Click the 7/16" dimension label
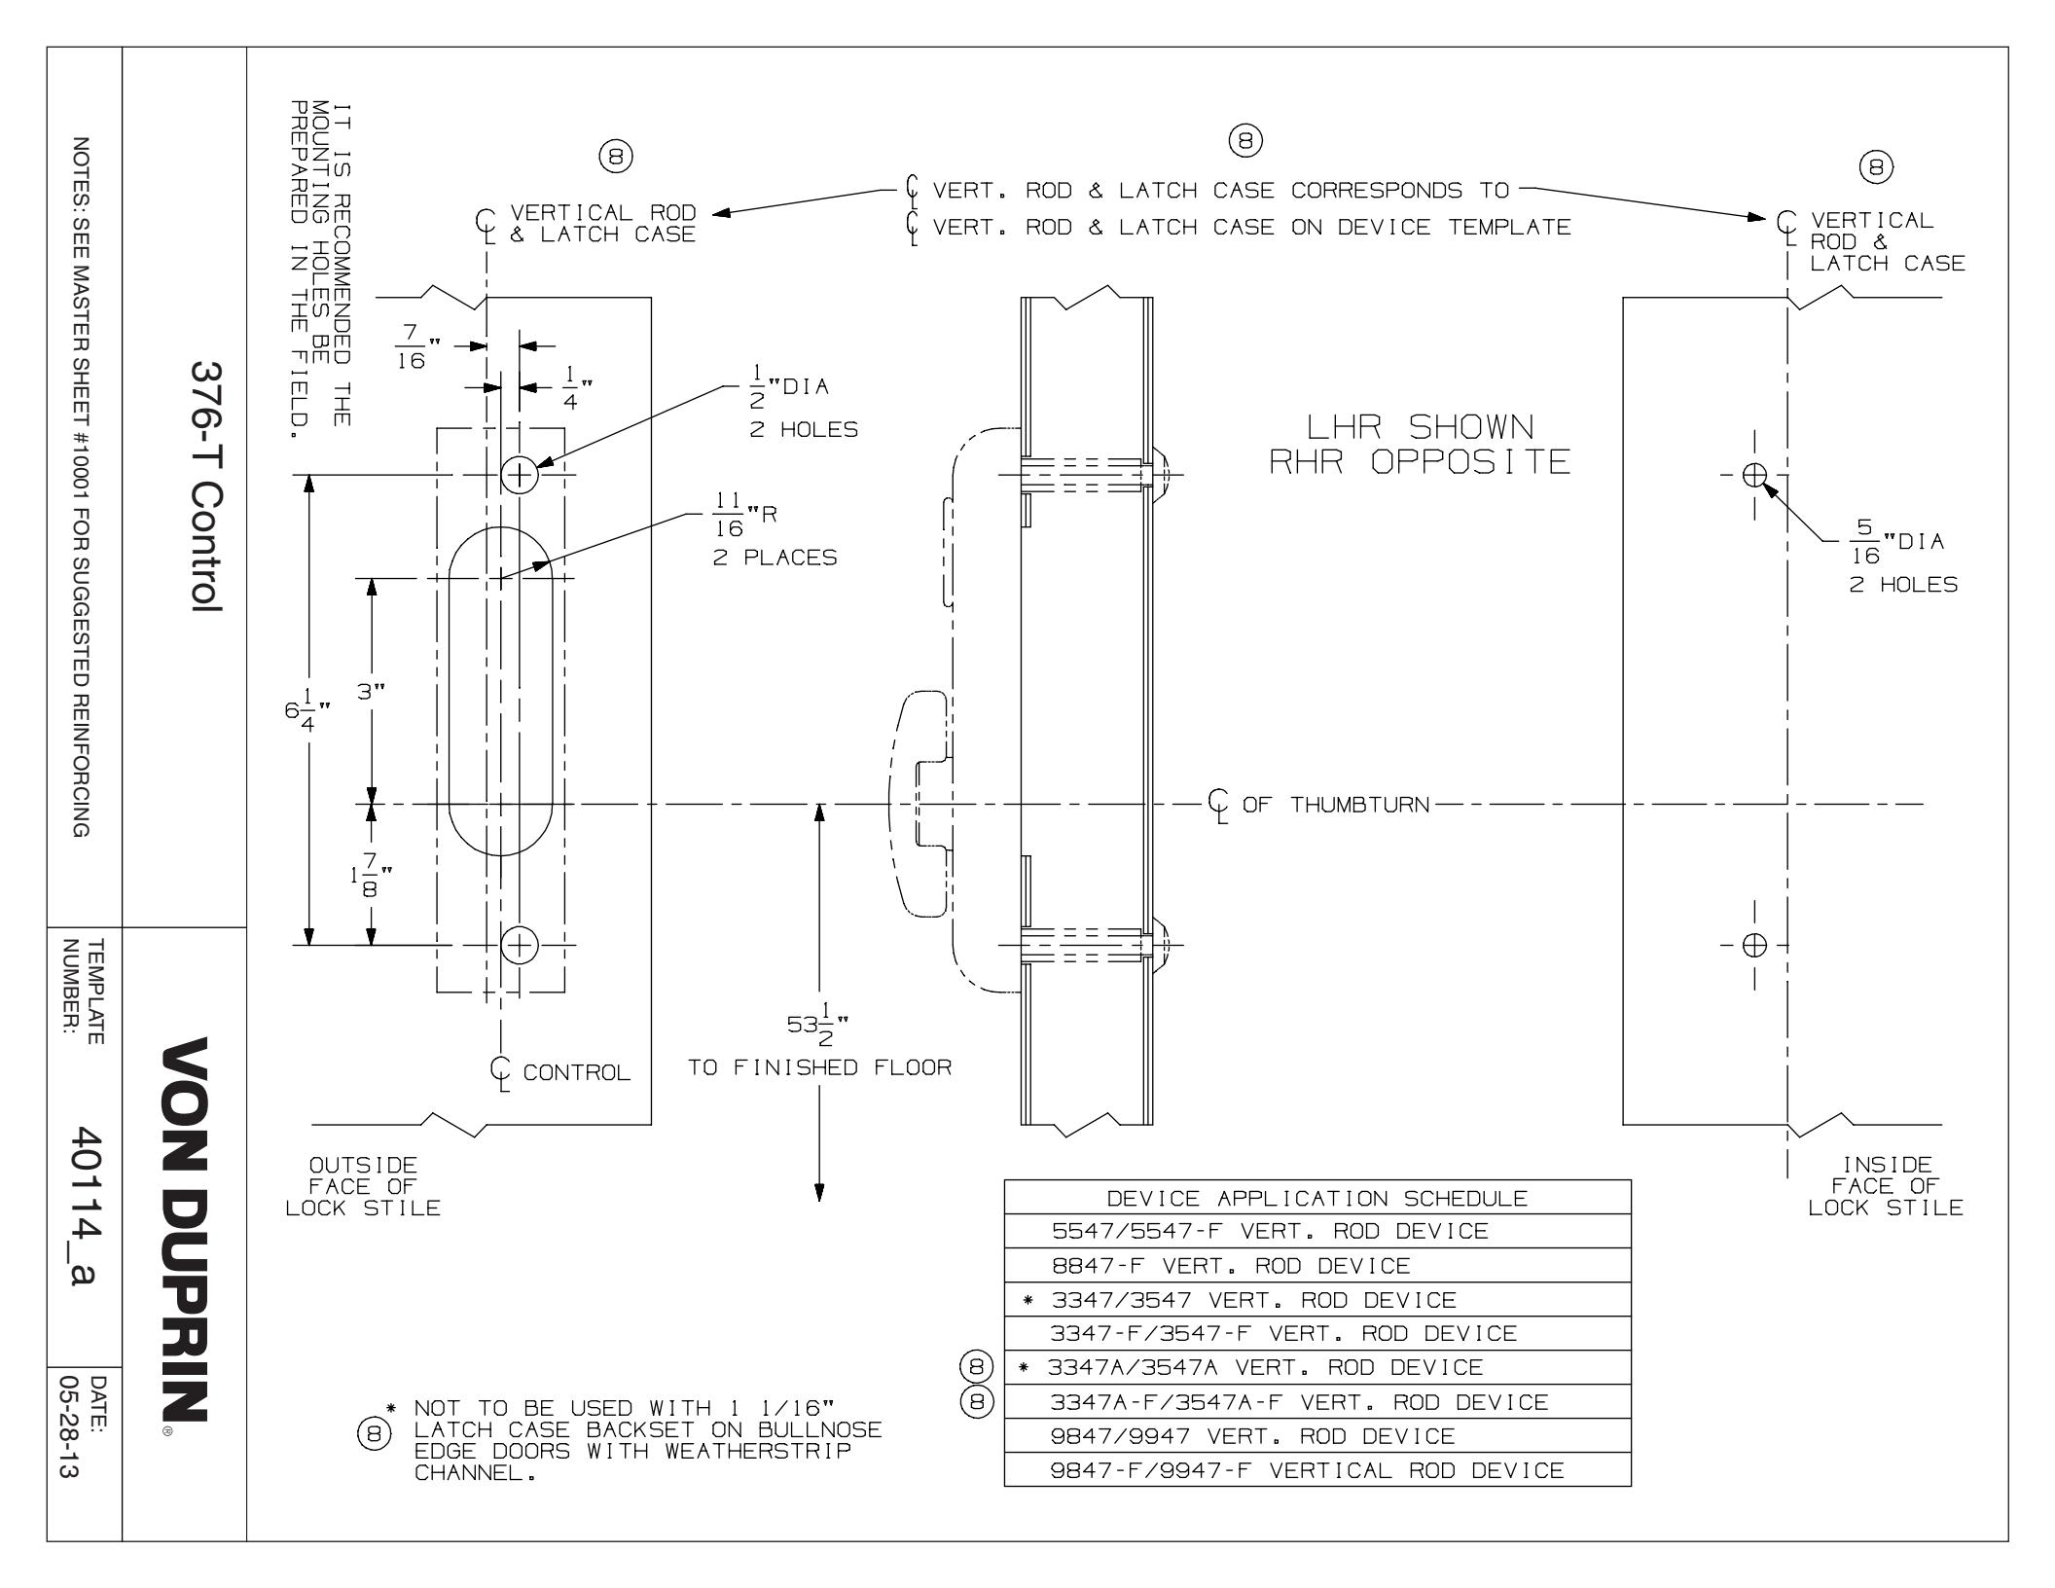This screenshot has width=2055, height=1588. (x=413, y=345)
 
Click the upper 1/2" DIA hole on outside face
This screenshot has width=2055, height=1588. (x=520, y=475)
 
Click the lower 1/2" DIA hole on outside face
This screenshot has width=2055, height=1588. (x=520, y=944)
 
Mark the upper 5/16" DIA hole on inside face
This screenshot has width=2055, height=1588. (x=1754, y=475)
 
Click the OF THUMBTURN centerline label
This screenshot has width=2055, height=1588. (x=1334, y=805)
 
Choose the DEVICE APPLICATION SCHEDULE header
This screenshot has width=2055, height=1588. (x=1316, y=1198)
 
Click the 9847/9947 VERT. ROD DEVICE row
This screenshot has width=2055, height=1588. (x=1252, y=1436)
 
